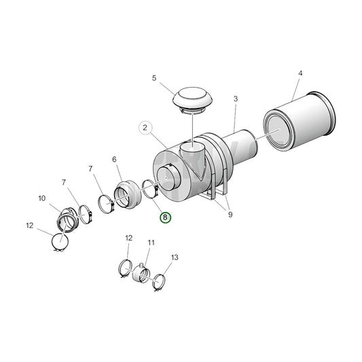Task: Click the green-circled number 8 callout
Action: click(x=165, y=217)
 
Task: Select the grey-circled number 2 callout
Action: click(x=145, y=128)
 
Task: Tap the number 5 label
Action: click(x=154, y=78)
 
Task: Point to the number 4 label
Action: click(x=300, y=73)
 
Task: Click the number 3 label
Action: click(x=236, y=98)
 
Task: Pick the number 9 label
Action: click(x=230, y=215)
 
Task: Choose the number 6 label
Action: click(x=114, y=160)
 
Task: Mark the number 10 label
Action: click(x=42, y=198)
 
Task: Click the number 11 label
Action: click(x=151, y=242)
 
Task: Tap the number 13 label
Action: click(x=175, y=257)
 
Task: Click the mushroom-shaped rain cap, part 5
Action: click(x=192, y=101)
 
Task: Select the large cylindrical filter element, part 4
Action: click(x=300, y=121)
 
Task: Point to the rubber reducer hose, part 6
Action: click(x=128, y=194)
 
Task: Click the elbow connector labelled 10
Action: click(x=67, y=220)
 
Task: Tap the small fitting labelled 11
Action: click(x=141, y=273)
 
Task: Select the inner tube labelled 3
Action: click(x=241, y=147)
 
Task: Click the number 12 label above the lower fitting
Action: click(x=128, y=238)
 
